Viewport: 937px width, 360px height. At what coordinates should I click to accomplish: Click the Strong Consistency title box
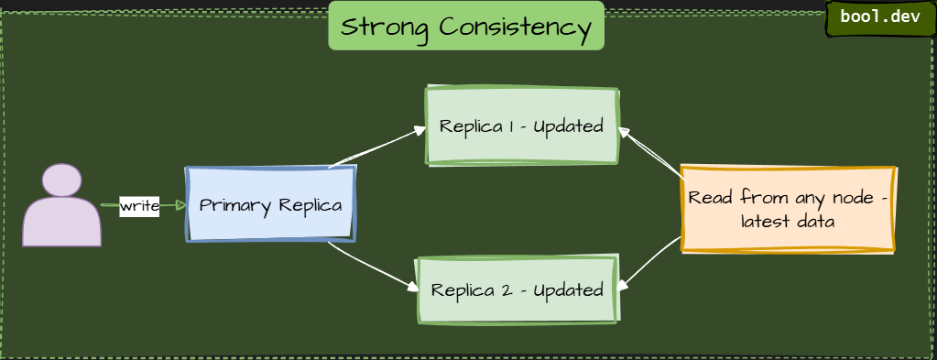(x=466, y=26)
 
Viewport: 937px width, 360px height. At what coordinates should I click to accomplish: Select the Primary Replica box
(x=271, y=204)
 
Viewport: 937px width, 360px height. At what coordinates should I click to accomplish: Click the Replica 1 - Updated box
(x=521, y=125)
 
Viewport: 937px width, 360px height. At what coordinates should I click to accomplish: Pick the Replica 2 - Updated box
(x=517, y=289)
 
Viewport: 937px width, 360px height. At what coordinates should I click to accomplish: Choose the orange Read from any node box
(x=788, y=209)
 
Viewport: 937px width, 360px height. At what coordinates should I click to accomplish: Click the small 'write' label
(x=139, y=206)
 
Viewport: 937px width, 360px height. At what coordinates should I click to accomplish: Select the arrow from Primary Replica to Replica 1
(x=378, y=147)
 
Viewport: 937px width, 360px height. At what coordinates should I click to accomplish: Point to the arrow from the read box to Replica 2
(x=649, y=265)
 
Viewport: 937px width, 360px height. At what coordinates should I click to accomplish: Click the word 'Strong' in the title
(x=386, y=27)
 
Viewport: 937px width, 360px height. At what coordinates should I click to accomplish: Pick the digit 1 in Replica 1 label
(x=508, y=125)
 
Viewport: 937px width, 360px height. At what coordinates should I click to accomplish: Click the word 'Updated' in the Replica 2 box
(x=568, y=290)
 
